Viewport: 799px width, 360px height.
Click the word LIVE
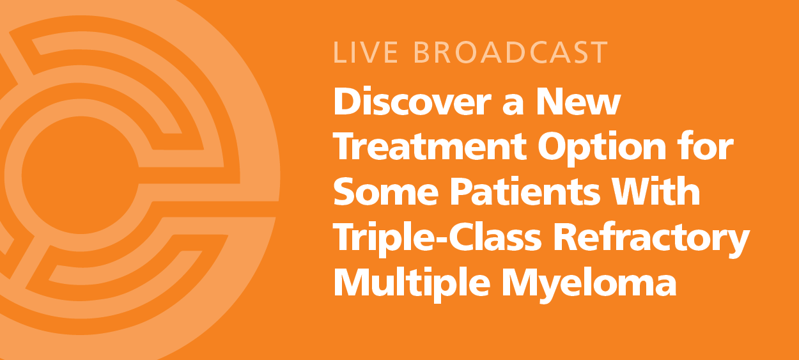point(365,52)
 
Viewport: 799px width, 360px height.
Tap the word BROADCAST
point(511,52)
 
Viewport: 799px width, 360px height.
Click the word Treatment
point(430,146)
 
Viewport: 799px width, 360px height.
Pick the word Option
point(601,149)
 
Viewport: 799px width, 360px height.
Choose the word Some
point(386,192)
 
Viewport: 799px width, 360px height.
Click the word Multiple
point(412,283)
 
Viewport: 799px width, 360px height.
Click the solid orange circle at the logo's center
point(81,175)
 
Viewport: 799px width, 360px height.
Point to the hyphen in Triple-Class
point(440,240)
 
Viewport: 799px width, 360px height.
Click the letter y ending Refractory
point(737,242)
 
